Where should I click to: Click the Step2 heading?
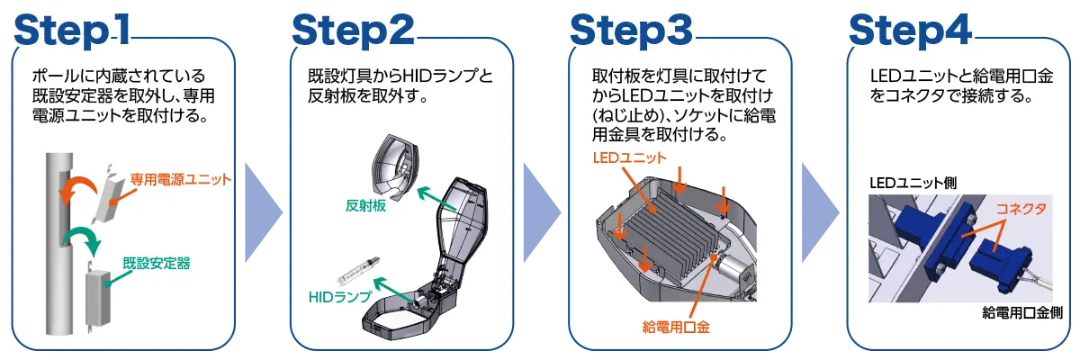pyautogui.click(x=352, y=29)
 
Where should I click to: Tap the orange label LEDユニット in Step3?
pyautogui.click(x=629, y=157)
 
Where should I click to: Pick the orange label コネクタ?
pyautogui.click(x=1022, y=208)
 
